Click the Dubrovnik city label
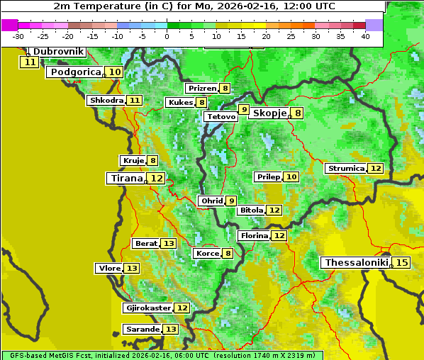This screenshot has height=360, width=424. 58,52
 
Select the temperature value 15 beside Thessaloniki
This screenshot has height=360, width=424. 401,263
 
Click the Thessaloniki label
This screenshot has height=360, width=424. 356,263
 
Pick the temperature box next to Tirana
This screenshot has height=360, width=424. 157,179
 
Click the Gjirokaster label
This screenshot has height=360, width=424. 147,308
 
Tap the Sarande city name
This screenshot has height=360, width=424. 142,330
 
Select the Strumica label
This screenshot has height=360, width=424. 345,169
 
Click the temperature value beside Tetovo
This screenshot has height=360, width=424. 244,110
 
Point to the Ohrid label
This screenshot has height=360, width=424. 211,201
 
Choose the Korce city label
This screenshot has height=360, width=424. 207,254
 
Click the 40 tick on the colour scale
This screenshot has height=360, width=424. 365,36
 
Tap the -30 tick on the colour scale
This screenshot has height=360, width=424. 18,36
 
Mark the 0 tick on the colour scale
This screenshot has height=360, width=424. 167,36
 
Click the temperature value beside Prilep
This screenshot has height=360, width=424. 291,176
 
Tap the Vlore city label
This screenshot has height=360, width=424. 109,269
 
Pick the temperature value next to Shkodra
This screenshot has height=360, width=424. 134,101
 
